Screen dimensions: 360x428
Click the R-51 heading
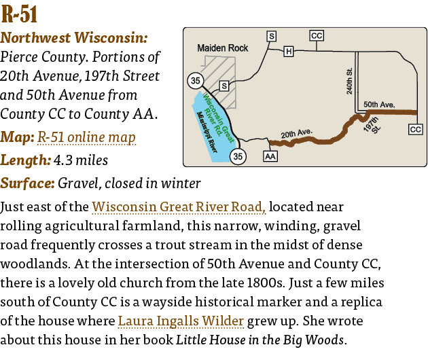coord(20,15)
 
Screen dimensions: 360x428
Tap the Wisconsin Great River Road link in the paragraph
coord(179,206)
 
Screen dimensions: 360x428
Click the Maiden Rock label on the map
coord(223,48)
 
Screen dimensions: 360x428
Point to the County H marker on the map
coord(288,51)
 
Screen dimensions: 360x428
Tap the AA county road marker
coord(270,156)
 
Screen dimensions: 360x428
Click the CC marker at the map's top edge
coord(317,35)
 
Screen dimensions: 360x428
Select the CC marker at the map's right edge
coord(416,129)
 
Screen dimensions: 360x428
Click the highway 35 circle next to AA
coord(238,157)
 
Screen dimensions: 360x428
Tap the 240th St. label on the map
coord(349,82)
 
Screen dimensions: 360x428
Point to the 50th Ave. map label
coord(379,105)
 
